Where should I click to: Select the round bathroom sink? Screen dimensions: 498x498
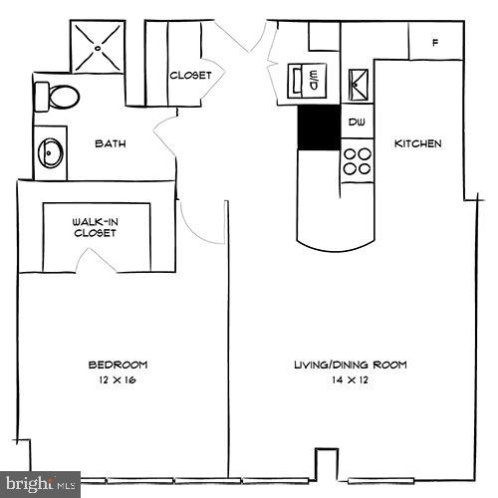(x=50, y=152)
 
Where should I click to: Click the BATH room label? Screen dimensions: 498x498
(x=110, y=143)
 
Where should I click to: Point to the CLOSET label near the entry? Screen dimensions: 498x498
(x=189, y=75)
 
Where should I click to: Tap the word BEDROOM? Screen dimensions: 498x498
(x=118, y=365)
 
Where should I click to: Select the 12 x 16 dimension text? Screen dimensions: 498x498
(x=118, y=381)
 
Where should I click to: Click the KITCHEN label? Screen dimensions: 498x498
(x=418, y=143)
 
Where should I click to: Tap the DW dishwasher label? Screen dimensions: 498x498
(x=356, y=123)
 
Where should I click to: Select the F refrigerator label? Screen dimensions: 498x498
(x=435, y=43)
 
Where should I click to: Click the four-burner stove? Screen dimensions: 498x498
(x=357, y=161)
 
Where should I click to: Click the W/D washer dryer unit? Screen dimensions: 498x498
(x=307, y=78)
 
